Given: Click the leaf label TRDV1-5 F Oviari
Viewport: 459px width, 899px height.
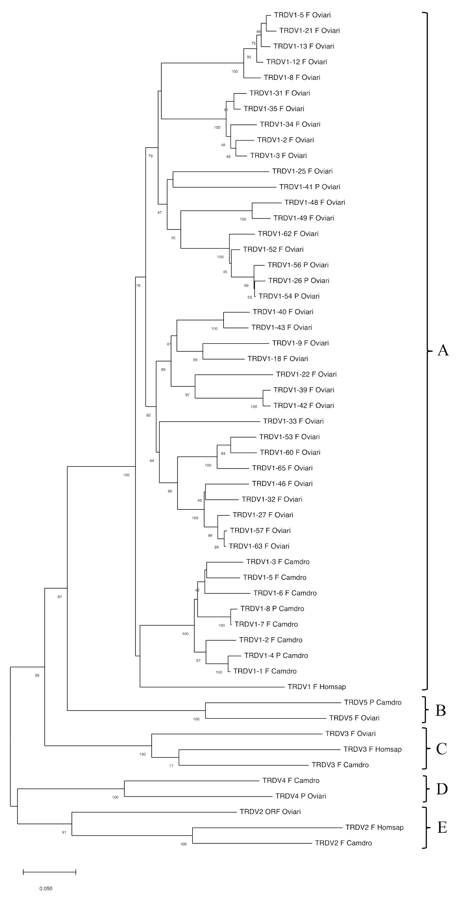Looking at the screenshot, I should point(302,15).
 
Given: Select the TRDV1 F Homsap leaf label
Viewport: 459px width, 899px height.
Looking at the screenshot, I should point(316,687).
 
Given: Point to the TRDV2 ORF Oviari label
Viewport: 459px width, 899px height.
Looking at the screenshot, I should point(270,811).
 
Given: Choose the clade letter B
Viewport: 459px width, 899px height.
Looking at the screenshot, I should point(441,710).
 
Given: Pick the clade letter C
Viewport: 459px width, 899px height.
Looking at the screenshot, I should point(441,749).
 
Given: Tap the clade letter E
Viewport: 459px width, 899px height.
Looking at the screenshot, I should point(442,827).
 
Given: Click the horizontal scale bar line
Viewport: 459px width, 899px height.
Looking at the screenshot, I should point(50,872).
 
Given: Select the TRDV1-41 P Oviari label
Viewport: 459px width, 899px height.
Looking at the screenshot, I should point(310,187).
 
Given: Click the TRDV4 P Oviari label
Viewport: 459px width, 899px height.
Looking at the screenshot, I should point(300,796).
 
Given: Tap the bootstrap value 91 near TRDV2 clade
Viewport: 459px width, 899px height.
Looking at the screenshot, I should point(64,832).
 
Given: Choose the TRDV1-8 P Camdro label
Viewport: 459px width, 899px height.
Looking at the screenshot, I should point(272,609).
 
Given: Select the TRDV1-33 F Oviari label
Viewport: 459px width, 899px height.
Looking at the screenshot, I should point(293,421).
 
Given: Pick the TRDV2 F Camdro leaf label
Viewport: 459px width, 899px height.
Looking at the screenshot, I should point(343,843).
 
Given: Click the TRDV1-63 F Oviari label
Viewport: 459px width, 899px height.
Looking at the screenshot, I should point(259,546).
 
